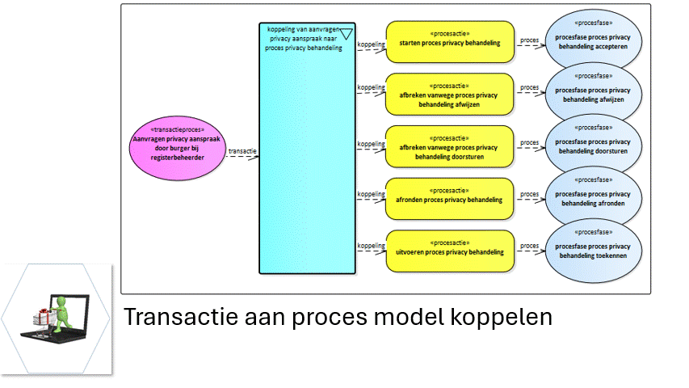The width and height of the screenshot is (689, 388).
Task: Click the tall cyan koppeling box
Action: click(307, 162)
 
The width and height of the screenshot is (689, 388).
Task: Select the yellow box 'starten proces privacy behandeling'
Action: click(449, 42)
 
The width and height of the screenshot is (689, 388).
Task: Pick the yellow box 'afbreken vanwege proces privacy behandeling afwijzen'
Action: click(449, 94)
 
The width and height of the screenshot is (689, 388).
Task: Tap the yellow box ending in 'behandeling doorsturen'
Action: click(449, 145)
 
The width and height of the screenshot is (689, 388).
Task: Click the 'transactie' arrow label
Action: click(242, 151)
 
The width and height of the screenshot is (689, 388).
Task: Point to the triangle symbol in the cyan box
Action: click(347, 33)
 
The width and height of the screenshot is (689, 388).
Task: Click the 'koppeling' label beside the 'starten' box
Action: click(371, 44)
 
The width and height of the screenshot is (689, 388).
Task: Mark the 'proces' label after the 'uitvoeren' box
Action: click(529, 246)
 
